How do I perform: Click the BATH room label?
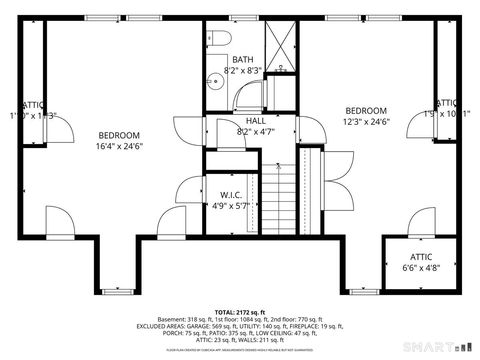click(x=243, y=59)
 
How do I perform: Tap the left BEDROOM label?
click(x=119, y=135)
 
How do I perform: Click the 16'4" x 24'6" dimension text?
click(x=119, y=146)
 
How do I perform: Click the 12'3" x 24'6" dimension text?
click(x=366, y=122)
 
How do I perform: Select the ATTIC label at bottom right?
click(x=419, y=256)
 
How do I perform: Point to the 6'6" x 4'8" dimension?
click(x=419, y=267)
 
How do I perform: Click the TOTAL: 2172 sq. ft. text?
click(x=240, y=313)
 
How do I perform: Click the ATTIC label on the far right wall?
click(x=447, y=103)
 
